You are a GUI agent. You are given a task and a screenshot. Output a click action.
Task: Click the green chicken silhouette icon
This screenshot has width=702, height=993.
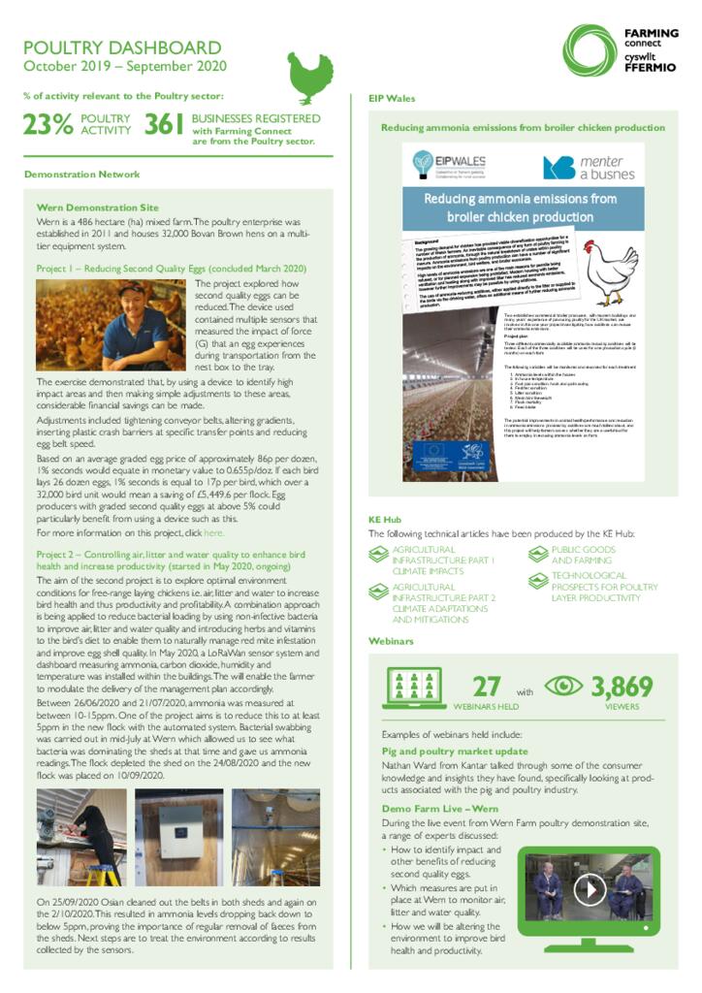(310, 77)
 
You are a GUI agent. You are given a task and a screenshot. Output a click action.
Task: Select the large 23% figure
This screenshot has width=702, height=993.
(48, 124)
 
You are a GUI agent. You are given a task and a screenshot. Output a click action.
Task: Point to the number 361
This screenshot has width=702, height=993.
(165, 124)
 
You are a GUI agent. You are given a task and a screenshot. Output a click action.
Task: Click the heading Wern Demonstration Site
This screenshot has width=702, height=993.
(97, 208)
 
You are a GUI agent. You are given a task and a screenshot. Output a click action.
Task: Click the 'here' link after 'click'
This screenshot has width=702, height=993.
(213, 533)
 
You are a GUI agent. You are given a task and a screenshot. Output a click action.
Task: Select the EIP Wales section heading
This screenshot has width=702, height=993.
(392, 98)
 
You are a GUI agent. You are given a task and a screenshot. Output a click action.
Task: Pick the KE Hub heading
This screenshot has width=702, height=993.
(385, 519)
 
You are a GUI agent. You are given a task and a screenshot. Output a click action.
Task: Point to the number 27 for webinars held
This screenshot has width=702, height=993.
(486, 686)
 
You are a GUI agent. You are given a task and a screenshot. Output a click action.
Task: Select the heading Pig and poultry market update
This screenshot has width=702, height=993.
(455, 751)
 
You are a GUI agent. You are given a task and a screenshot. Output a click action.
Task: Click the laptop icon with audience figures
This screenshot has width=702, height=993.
(415, 688)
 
